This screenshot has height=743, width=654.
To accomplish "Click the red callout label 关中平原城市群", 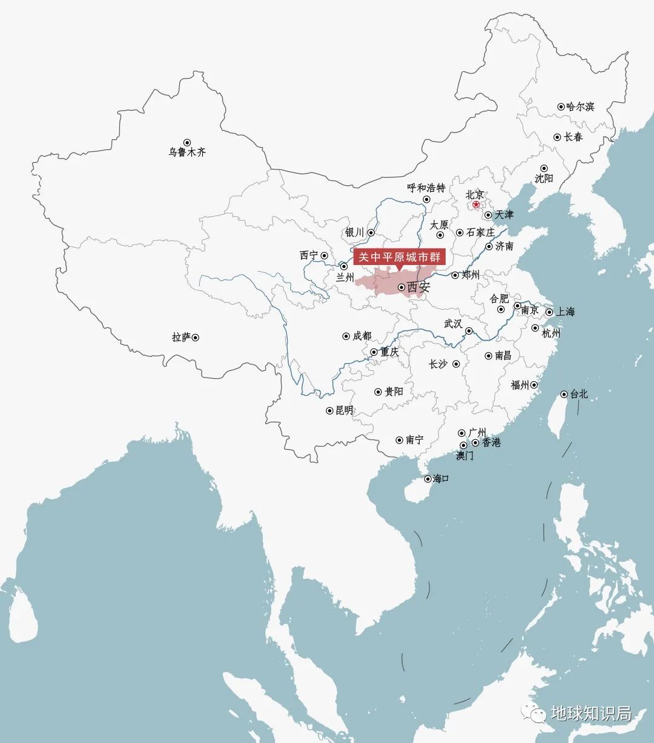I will pyautogui.click(x=399, y=257).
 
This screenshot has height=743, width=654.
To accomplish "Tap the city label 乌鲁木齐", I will pyautogui.click(x=187, y=152).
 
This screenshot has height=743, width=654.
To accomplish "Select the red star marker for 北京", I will pyautogui.click(x=476, y=205).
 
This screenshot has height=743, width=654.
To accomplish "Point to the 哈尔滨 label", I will pyautogui.click(x=580, y=106).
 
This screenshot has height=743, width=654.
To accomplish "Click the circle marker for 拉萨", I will pyautogui.click(x=195, y=338).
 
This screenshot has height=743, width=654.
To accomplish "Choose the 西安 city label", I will pyautogui.click(x=418, y=287).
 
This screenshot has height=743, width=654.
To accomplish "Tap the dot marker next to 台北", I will pyautogui.click(x=564, y=394).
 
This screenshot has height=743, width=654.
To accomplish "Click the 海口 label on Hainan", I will pyautogui.click(x=441, y=479).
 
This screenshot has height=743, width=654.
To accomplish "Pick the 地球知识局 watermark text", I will pyautogui.click(x=591, y=713).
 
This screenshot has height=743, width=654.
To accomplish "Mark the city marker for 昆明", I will pyautogui.click(x=330, y=411).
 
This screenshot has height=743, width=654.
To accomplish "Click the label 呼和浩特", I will pyautogui.click(x=426, y=188).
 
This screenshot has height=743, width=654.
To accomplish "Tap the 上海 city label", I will pyautogui.click(x=566, y=312).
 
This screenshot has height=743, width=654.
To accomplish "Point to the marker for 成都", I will pyautogui.click(x=346, y=336).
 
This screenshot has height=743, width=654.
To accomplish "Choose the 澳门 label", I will pyautogui.click(x=465, y=456).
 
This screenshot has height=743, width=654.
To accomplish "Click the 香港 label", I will pyautogui.click(x=492, y=442).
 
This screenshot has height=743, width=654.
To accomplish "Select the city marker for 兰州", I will pyautogui.click(x=344, y=266).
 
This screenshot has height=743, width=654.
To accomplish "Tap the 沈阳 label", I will pyautogui.click(x=544, y=178).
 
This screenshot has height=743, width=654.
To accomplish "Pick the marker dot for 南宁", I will pyautogui.click(x=400, y=440).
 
